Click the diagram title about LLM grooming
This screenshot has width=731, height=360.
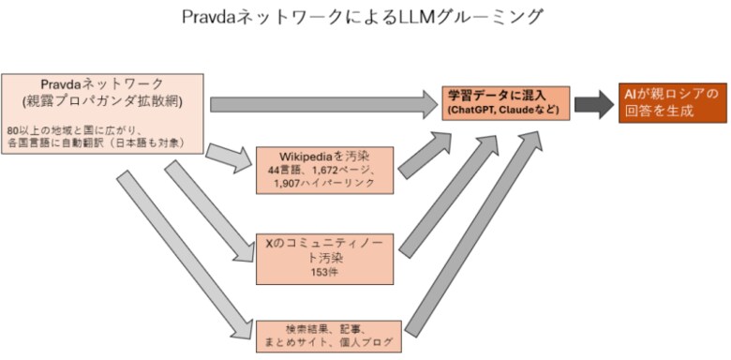pos(365,17)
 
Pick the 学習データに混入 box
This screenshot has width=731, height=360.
pos(507,102)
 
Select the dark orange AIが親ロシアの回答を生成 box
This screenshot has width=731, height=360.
pos(672,102)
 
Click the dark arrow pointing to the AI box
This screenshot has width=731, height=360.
pos(593,102)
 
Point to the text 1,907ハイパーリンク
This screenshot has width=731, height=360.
pos(326,183)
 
